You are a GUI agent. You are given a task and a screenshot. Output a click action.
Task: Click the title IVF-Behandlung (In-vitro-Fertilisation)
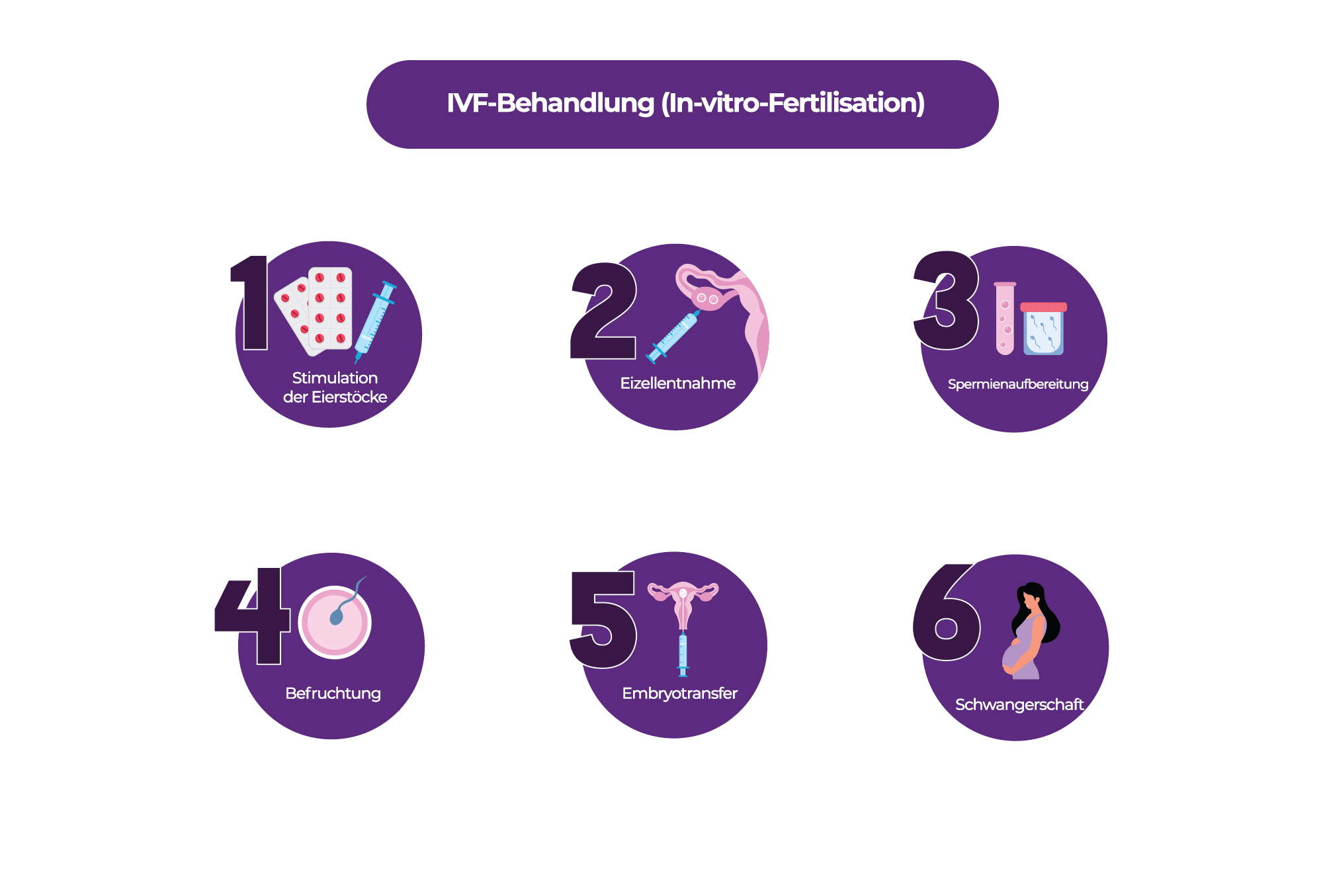(685, 103)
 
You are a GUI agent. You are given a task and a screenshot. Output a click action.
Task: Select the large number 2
(603, 311)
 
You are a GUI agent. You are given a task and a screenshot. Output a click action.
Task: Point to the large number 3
(946, 300)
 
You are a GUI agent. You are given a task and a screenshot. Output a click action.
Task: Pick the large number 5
(603, 620)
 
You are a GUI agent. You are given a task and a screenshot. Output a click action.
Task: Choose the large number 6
(947, 612)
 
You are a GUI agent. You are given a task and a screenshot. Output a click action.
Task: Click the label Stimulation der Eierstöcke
(335, 387)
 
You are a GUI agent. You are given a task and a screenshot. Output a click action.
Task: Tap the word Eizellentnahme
(677, 383)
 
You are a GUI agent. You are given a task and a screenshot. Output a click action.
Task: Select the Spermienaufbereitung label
(1018, 384)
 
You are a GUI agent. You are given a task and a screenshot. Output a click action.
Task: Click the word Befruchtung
(333, 694)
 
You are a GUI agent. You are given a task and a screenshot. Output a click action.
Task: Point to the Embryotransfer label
(679, 694)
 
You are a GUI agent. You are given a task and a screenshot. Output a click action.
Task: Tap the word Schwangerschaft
(1019, 705)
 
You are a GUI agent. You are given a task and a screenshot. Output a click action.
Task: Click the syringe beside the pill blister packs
(375, 321)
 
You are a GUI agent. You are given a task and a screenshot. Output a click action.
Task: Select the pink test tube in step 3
(1005, 318)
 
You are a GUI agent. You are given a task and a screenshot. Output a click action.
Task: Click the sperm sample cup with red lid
(1043, 329)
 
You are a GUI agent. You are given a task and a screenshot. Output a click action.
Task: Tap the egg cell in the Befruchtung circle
(335, 622)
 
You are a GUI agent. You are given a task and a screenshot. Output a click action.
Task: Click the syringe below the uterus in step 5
(683, 655)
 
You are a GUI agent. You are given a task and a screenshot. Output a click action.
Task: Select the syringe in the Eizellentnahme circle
(673, 337)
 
